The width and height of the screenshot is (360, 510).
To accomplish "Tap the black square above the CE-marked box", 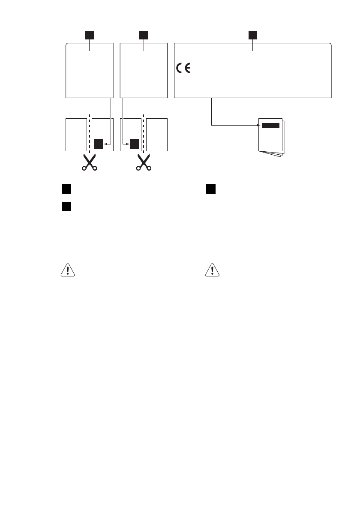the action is tap(253, 34).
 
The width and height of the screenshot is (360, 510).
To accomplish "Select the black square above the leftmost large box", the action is tap(89, 34).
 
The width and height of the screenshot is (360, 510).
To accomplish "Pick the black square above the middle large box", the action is tap(144, 34).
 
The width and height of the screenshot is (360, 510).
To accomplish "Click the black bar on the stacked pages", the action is tap(270, 125).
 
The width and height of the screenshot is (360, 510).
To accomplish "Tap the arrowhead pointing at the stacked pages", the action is tap(258, 125).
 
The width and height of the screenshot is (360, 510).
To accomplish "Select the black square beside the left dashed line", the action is tap(98, 144).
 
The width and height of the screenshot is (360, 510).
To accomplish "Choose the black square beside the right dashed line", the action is tap(135, 144).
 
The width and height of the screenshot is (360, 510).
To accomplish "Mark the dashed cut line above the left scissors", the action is tap(89, 133).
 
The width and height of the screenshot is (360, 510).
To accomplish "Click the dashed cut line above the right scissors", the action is tap(143, 133).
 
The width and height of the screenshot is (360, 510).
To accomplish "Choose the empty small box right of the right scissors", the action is tap(157, 134).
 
